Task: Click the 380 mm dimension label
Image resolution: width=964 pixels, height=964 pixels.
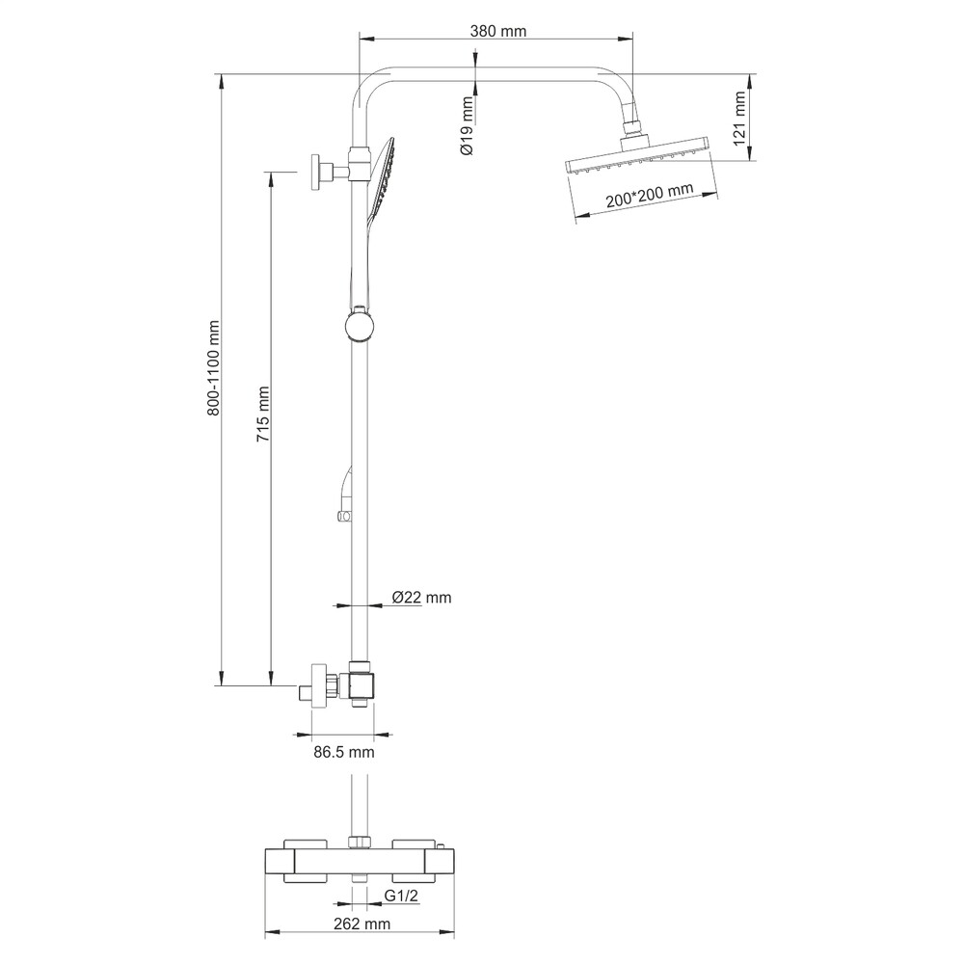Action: pyautogui.click(x=498, y=31)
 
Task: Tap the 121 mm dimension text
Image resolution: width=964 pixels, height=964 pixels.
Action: pyautogui.click(x=739, y=118)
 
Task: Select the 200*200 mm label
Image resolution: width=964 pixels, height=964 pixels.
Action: pyautogui.click(x=649, y=196)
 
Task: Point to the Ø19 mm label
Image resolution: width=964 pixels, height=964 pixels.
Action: pyautogui.click(x=468, y=125)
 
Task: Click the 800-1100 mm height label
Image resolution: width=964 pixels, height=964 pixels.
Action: pyautogui.click(x=213, y=367)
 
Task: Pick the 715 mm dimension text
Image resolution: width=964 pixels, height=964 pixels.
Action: pyautogui.click(x=263, y=415)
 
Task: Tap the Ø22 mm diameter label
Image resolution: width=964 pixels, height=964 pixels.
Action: pyautogui.click(x=422, y=597)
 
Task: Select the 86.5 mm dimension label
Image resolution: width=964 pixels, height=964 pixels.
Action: pyautogui.click(x=344, y=751)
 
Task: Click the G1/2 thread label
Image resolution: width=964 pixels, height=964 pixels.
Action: pyautogui.click(x=401, y=896)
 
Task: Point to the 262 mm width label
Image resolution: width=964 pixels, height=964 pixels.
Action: pyautogui.click(x=362, y=924)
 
